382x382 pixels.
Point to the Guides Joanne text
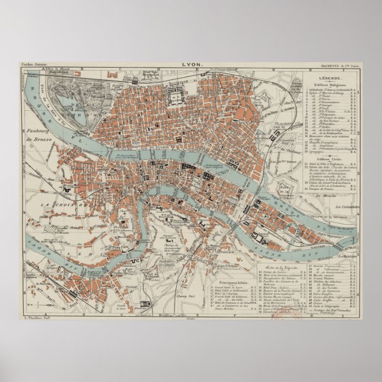[x=33, y=65]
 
